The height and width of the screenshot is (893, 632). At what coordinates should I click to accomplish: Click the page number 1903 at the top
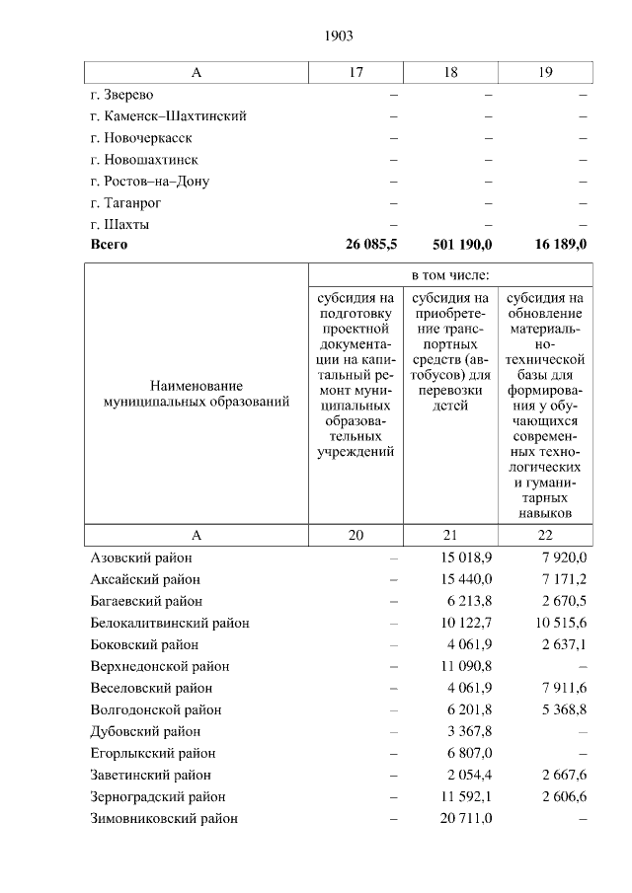pos(338,36)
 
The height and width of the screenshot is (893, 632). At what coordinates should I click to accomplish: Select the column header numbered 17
pos(356,72)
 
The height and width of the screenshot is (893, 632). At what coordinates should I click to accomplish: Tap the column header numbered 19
pos(545,72)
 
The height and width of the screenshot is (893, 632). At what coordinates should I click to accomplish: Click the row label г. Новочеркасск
pos(140,138)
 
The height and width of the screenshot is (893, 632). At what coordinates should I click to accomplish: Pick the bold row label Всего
pos(109,244)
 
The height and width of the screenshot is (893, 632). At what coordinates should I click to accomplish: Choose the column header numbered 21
pos(450,535)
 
